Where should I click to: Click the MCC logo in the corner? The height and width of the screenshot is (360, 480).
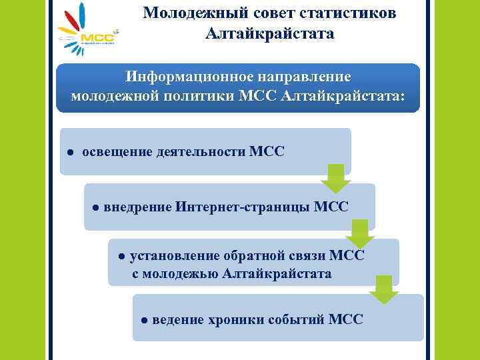point(87,30)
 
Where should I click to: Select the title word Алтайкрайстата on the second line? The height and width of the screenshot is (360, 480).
point(269,33)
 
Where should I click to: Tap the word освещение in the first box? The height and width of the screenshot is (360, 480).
point(117,151)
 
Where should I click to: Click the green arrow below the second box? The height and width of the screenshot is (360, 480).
point(360,234)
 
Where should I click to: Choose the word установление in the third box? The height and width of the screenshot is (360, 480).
point(176,255)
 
